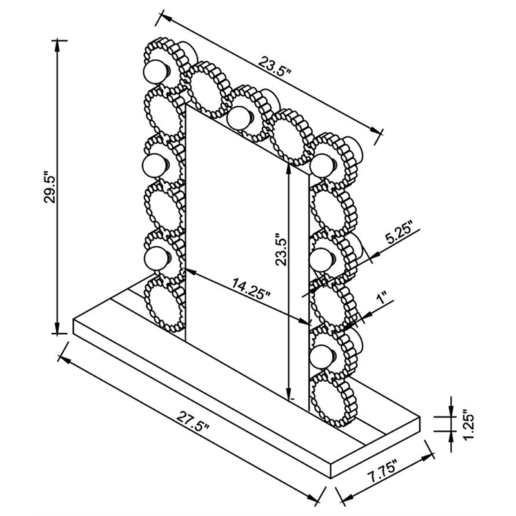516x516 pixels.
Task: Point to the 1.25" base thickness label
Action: tap(468, 424)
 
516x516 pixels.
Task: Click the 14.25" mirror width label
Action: tap(251, 288)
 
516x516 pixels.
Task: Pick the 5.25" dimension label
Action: tap(399, 233)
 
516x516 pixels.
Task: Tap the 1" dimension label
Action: tap(382, 297)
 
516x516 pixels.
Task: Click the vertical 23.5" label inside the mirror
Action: tap(282, 249)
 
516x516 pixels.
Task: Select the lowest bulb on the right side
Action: tap(322, 357)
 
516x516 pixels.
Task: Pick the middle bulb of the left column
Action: tap(155, 164)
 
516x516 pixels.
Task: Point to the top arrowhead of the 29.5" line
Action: tap(57, 46)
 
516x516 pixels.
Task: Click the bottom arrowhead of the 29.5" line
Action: tap(57, 328)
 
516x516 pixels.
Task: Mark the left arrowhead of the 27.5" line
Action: tap(64, 361)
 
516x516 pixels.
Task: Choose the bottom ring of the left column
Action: tap(164, 304)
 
